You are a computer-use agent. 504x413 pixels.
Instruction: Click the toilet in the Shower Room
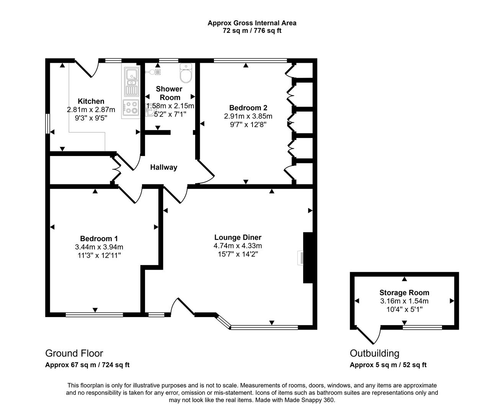point(186,73)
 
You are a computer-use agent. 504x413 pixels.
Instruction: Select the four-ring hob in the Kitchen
point(130,107)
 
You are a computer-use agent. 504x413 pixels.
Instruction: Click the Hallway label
point(163,167)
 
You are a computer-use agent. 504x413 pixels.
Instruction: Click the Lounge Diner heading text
point(238,237)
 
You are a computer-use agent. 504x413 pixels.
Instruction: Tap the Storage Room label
point(404,293)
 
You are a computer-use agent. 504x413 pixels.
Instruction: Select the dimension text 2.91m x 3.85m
point(248,116)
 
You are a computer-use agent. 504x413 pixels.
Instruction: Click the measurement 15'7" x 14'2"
point(238,254)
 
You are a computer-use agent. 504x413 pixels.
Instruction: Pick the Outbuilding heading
point(374,353)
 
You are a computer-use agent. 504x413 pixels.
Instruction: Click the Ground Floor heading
point(74,353)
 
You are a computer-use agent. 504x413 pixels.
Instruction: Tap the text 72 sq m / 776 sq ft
point(252,31)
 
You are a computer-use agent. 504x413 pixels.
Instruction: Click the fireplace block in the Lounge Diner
point(308,257)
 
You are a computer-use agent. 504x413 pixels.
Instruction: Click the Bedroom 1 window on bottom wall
point(94,315)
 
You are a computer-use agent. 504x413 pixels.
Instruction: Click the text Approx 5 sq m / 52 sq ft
point(388,365)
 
